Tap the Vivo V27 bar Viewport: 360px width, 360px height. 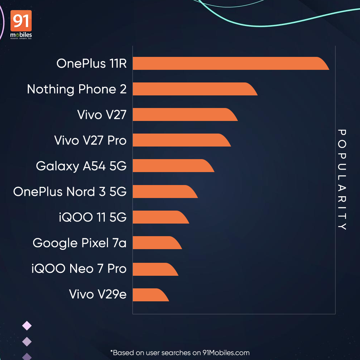[x=184, y=114]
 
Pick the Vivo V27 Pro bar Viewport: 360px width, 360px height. [x=180, y=140]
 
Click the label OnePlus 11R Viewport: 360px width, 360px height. [x=91, y=64]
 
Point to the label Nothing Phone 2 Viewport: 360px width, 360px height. [x=77, y=89]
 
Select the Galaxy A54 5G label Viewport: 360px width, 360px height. [x=81, y=166]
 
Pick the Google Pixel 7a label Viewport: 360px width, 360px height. [x=80, y=243]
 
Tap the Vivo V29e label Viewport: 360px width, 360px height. [x=98, y=294]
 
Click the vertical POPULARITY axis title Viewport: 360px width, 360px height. [x=342, y=180]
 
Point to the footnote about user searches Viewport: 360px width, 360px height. [x=180, y=352]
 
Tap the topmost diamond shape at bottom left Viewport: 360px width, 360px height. [x=27, y=326]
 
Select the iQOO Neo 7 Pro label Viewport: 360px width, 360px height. [x=79, y=269]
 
